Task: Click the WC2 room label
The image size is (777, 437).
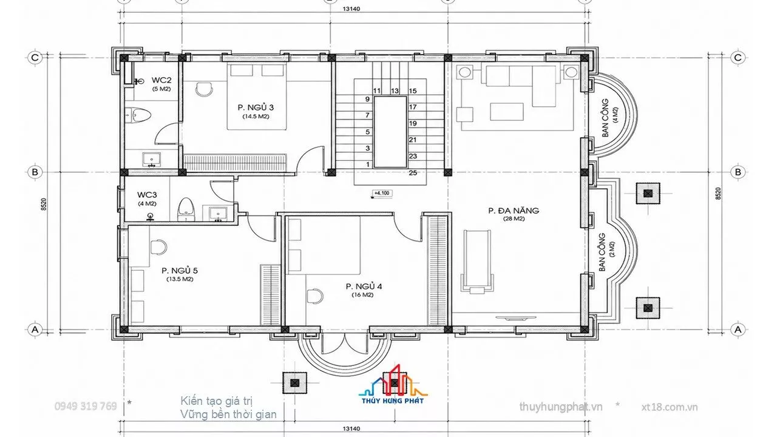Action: pyautogui.click(x=161, y=81)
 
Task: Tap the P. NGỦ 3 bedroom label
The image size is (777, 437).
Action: pyautogui.click(x=256, y=107)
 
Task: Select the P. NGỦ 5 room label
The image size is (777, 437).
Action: pyautogui.click(x=180, y=271)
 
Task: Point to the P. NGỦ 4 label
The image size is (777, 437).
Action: pyautogui.click(x=364, y=286)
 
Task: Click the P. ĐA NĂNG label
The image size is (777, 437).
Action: pyautogui.click(x=514, y=211)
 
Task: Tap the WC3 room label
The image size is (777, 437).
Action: pyautogui.click(x=147, y=195)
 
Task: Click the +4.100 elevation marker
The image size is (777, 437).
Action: pyautogui.click(x=382, y=193)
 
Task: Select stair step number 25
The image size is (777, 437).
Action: pyautogui.click(x=413, y=173)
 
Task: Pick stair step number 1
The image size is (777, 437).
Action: pyautogui.click(x=368, y=164)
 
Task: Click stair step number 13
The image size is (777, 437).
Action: pyautogui.click(x=395, y=91)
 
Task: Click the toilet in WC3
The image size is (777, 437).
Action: pyautogui.click(x=186, y=209)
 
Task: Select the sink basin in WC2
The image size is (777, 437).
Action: pyautogui.click(x=152, y=160)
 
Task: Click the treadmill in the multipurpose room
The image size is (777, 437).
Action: pyautogui.click(x=477, y=260)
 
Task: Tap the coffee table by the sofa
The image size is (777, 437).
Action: pyautogui.click(x=507, y=112)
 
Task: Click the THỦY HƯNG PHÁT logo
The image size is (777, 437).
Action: pyautogui.click(x=393, y=384)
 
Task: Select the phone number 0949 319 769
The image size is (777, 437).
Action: pyautogui.click(x=86, y=406)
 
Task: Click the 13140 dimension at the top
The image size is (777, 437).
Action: pyautogui.click(x=351, y=8)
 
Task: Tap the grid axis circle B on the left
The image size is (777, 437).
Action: pyautogui.click(x=35, y=172)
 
